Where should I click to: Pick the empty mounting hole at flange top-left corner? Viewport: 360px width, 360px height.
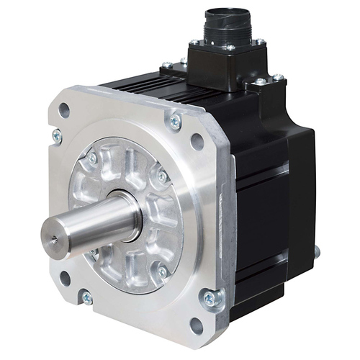tap(64, 110)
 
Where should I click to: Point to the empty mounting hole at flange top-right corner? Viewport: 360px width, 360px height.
tap(197, 141)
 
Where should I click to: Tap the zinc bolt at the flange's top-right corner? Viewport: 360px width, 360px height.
tap(175, 122)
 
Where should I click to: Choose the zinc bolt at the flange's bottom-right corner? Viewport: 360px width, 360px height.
tap(210, 297)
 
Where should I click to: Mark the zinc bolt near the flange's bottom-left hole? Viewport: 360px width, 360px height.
tap(86, 296)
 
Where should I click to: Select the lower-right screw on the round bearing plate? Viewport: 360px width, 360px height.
tap(163, 271)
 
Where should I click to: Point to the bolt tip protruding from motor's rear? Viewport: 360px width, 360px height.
tap(317, 251)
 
